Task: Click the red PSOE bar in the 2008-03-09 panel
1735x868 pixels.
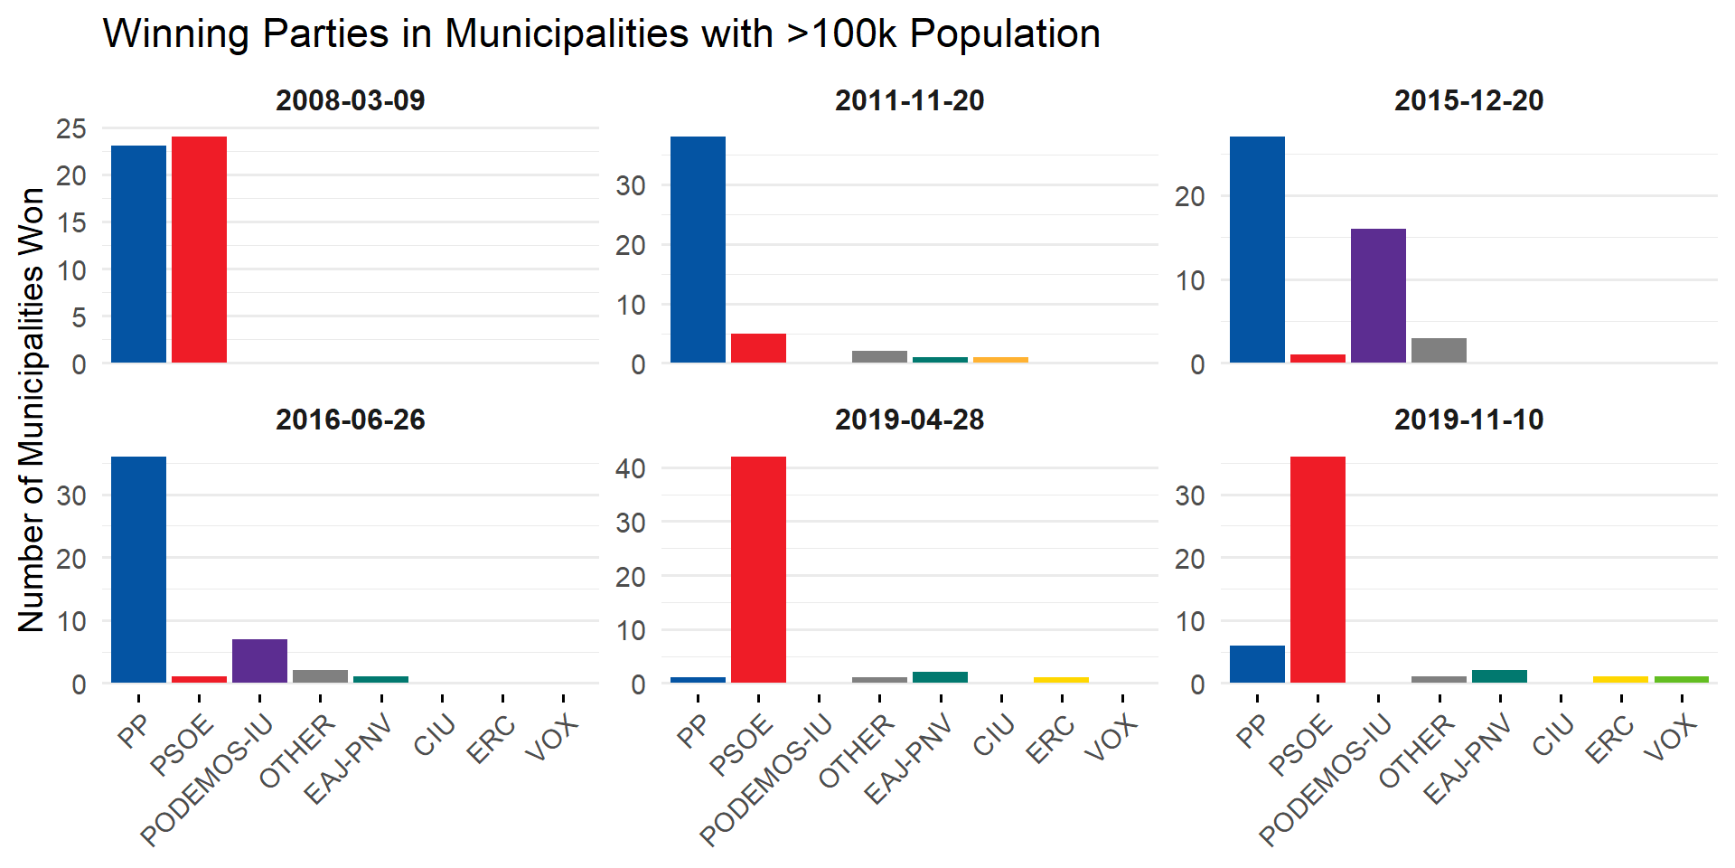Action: [x=199, y=250]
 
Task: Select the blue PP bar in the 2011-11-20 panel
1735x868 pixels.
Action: [x=698, y=250]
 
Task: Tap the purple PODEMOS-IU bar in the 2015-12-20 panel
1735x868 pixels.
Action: [x=1378, y=296]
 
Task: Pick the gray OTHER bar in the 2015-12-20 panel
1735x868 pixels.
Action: [x=1439, y=350]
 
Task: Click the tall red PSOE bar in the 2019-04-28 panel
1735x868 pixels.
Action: [x=758, y=570]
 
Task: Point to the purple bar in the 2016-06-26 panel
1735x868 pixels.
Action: [x=259, y=661]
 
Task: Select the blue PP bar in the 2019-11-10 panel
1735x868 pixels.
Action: [x=1257, y=664]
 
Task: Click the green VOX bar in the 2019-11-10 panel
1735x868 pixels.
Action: [x=1681, y=679]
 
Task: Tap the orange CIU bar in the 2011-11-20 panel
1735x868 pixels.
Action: [x=1000, y=360]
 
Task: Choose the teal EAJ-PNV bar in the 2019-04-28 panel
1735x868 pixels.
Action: [x=940, y=677]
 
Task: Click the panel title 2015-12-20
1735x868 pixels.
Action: [x=1468, y=100]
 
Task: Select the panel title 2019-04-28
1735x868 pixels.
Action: [x=909, y=420]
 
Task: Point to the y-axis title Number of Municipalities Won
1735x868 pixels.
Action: [x=32, y=410]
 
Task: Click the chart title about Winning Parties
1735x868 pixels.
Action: [x=602, y=34]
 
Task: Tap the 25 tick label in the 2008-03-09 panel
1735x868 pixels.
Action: [x=71, y=128]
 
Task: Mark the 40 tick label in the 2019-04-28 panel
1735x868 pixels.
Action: [x=631, y=468]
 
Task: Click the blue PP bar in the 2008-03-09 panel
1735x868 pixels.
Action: [x=138, y=254]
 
